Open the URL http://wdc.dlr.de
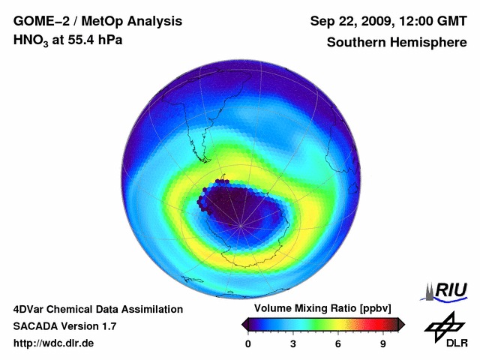(x=54, y=344)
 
